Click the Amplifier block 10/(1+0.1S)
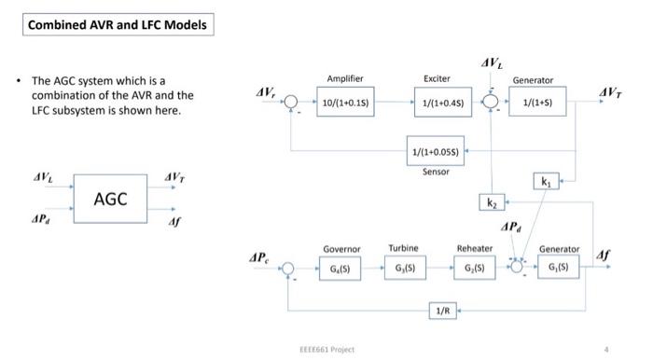click(x=346, y=102)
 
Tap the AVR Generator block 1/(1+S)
click(x=535, y=102)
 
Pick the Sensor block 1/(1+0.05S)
click(x=435, y=150)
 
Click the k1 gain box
click(x=545, y=182)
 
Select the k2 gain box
click(x=492, y=201)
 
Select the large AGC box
click(x=110, y=199)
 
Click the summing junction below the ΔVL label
click(x=491, y=102)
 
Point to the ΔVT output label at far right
click(x=612, y=91)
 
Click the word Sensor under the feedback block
click(x=436, y=172)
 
